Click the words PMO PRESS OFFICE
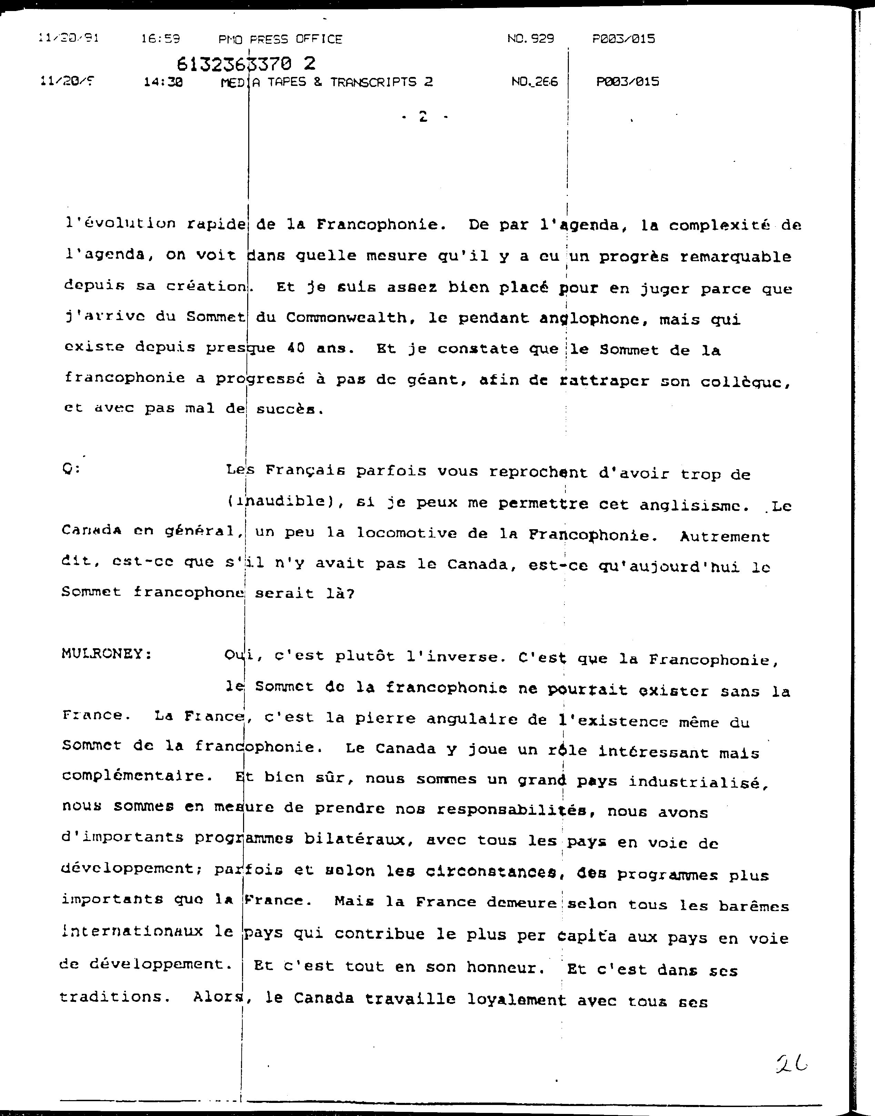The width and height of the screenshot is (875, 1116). (x=280, y=39)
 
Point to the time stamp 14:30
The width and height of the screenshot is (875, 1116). (x=163, y=82)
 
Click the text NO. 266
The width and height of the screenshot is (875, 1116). (x=534, y=81)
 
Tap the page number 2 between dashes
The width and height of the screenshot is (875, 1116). (x=423, y=117)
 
